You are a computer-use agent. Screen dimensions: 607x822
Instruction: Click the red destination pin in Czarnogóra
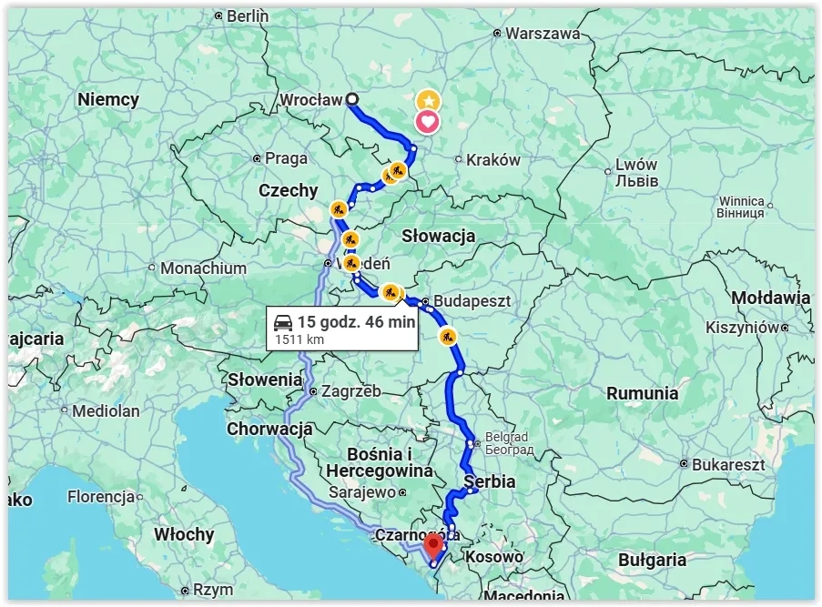[x=433, y=544]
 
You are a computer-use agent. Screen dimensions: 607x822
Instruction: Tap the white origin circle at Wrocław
[x=352, y=100]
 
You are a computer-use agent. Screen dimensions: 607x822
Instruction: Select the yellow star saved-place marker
[x=428, y=100]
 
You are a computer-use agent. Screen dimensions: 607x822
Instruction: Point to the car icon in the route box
[x=283, y=322]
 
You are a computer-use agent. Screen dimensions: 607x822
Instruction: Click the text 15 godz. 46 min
[x=356, y=322]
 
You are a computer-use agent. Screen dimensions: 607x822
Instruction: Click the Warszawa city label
[x=543, y=33]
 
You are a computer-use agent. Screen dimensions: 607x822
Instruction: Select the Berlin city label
[x=248, y=15]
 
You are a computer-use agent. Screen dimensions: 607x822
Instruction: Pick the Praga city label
[x=286, y=158]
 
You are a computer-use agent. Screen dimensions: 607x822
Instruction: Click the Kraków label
[x=493, y=160]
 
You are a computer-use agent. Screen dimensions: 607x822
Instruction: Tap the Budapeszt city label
[x=472, y=300]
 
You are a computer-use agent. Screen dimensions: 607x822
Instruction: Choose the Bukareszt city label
[x=728, y=464]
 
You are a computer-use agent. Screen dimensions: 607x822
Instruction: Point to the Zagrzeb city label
[x=350, y=391]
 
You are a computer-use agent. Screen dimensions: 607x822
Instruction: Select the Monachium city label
[x=203, y=268]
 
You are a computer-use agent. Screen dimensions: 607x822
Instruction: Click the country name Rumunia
[x=643, y=393]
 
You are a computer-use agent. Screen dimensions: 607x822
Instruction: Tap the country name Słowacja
[x=439, y=236]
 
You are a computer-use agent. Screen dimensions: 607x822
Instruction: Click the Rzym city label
[x=214, y=590]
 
